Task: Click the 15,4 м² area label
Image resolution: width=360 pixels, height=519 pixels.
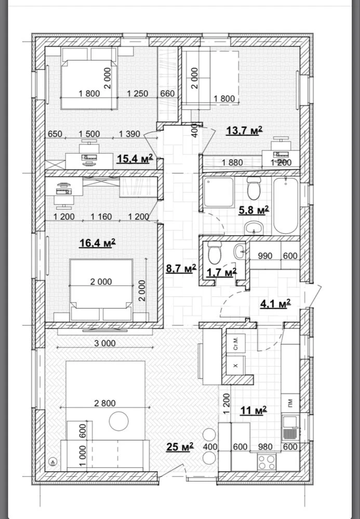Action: (x=135, y=158)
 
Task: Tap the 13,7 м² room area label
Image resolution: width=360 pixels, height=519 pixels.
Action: (x=245, y=130)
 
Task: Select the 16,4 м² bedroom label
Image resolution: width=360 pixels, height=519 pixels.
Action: (x=97, y=243)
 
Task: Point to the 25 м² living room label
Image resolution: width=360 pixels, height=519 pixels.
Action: (x=180, y=447)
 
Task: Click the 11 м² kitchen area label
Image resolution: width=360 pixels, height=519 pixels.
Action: (x=254, y=411)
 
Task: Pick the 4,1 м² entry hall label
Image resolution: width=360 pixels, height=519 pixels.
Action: (x=275, y=304)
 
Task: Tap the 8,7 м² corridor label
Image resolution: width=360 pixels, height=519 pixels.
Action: (x=181, y=268)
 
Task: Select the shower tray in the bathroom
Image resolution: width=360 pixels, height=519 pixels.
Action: (x=219, y=192)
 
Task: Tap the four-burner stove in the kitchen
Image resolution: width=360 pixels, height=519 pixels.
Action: (x=267, y=462)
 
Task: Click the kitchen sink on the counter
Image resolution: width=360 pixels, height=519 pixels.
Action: (x=290, y=427)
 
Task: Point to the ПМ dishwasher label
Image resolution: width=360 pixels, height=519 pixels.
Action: (x=290, y=403)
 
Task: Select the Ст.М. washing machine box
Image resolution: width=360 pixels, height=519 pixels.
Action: (x=236, y=343)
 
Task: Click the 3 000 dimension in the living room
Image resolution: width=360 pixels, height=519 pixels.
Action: (x=105, y=343)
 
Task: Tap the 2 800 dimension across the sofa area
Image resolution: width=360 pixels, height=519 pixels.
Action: (x=105, y=403)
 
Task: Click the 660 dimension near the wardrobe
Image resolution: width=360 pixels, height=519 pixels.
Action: (x=168, y=93)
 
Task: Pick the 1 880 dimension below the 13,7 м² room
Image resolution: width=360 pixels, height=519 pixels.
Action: (x=232, y=162)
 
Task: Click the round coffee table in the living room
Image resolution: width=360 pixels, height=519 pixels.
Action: (x=118, y=421)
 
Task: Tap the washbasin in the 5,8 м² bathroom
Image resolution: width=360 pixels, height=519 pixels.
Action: (x=254, y=228)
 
